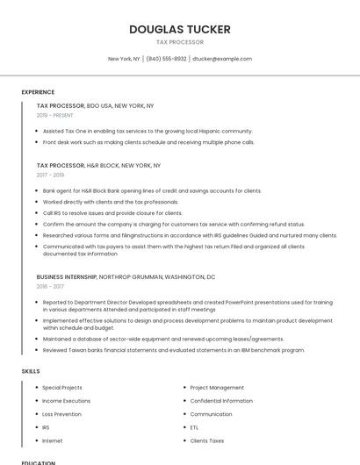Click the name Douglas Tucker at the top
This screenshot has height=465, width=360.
(179, 29)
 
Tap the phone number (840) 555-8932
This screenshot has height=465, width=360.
(166, 59)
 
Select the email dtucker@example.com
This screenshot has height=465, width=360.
(222, 59)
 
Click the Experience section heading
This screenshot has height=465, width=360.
(38, 92)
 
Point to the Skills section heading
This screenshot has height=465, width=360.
(31, 371)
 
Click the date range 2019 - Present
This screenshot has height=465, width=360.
(54, 115)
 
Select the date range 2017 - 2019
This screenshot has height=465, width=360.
(50, 175)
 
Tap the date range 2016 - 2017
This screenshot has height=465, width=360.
(50, 286)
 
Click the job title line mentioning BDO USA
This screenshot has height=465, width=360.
(95, 105)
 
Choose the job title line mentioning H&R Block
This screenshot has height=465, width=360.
(98, 165)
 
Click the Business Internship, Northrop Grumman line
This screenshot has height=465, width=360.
(126, 276)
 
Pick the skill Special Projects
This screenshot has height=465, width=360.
(62, 387)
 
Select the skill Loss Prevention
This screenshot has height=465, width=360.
(61, 413)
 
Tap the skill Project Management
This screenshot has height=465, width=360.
(217, 387)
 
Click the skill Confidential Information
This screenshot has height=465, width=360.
(221, 400)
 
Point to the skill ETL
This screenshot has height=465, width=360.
(194, 427)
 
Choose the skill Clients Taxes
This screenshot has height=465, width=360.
(207, 440)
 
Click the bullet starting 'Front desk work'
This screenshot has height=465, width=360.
(148, 141)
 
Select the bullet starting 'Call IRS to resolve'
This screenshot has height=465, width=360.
(112, 212)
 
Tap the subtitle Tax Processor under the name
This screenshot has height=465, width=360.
(179, 42)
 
